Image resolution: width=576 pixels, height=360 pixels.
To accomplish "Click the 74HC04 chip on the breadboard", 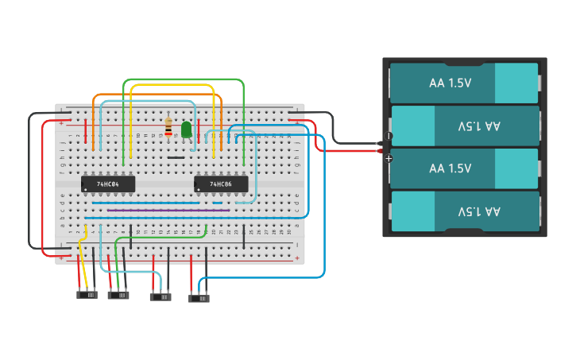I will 108,184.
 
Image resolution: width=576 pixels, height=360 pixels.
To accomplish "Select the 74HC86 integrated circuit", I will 221,184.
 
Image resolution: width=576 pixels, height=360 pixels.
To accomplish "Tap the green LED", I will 187,130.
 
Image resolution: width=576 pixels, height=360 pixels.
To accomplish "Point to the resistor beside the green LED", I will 168,127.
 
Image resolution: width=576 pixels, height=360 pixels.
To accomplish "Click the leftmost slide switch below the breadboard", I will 87,295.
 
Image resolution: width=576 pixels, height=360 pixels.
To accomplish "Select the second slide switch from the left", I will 118,295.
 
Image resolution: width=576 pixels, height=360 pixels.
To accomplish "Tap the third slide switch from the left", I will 160,297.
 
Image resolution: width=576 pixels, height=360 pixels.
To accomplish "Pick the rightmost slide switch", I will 199,299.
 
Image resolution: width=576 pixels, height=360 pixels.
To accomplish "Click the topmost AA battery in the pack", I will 464,83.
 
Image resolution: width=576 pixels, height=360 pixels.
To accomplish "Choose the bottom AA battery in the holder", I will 464,211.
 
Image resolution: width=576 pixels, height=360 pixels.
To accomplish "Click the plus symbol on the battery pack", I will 389,159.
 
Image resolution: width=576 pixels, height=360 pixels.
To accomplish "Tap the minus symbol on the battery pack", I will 389,136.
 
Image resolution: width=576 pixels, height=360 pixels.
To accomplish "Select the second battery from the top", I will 464,126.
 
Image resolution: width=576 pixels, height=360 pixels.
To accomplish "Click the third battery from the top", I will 464,168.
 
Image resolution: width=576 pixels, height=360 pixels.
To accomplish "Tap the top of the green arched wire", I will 183,79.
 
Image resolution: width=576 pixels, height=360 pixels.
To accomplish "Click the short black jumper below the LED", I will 176,157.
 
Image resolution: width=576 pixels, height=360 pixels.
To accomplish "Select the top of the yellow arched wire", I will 171,85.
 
